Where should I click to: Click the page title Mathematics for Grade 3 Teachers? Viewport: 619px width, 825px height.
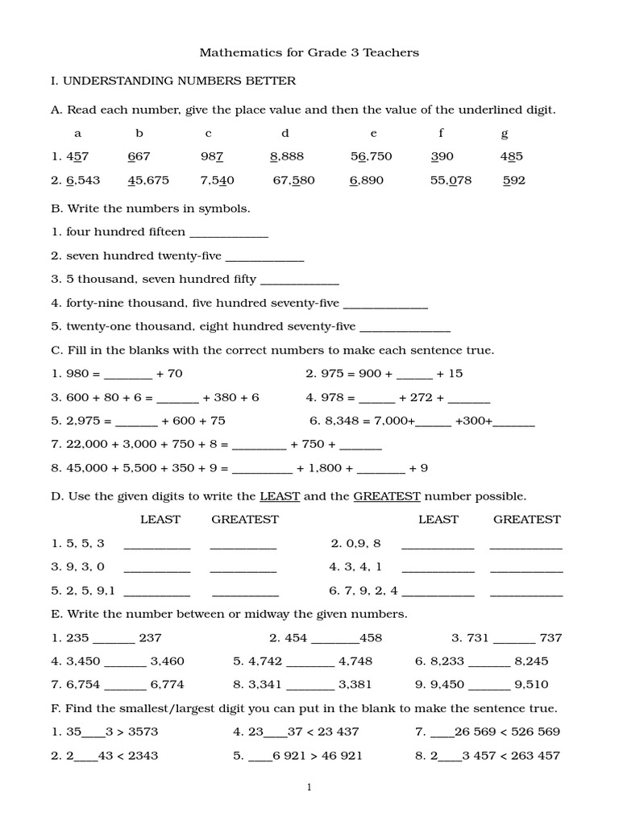tap(309, 53)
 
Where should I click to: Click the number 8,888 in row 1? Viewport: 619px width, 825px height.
tap(286, 157)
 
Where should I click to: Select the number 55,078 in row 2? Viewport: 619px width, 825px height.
tap(451, 180)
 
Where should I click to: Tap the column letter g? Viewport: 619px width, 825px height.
tap(505, 134)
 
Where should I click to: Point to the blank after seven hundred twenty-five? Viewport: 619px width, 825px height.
tap(264, 257)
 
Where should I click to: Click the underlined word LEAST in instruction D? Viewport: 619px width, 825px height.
tap(280, 496)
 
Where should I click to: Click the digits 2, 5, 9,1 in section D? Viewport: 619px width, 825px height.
tap(91, 591)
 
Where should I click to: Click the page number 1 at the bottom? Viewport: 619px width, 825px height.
tap(309, 788)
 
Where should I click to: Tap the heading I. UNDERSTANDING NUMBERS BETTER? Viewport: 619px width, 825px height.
tap(173, 81)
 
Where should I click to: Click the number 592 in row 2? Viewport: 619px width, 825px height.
tap(513, 180)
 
